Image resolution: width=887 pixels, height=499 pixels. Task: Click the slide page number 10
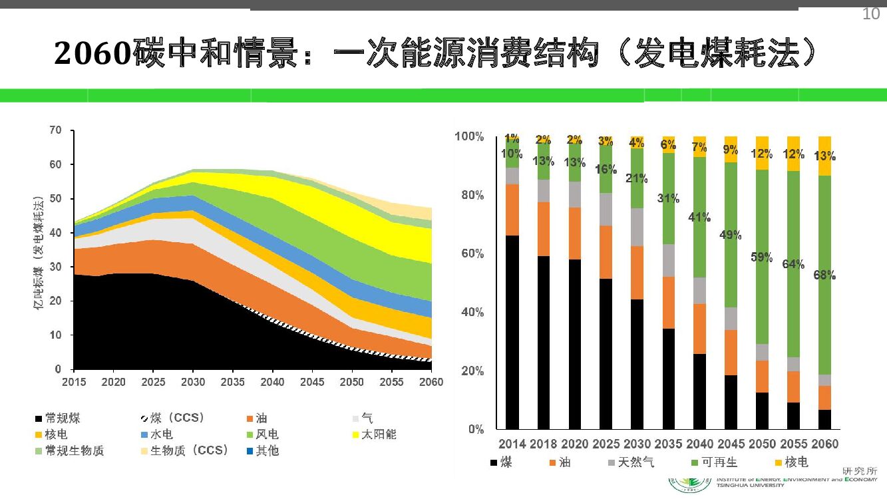click(x=870, y=14)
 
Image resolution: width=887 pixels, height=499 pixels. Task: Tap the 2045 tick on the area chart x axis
click(x=312, y=382)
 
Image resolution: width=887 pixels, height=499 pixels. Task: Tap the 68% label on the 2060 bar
click(x=824, y=275)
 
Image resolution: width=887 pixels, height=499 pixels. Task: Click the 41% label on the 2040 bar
click(x=699, y=217)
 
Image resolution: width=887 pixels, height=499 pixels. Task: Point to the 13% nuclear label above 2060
click(x=824, y=156)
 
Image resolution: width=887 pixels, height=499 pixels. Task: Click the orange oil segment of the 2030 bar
click(x=637, y=273)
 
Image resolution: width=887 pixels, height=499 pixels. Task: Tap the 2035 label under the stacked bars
click(x=668, y=444)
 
